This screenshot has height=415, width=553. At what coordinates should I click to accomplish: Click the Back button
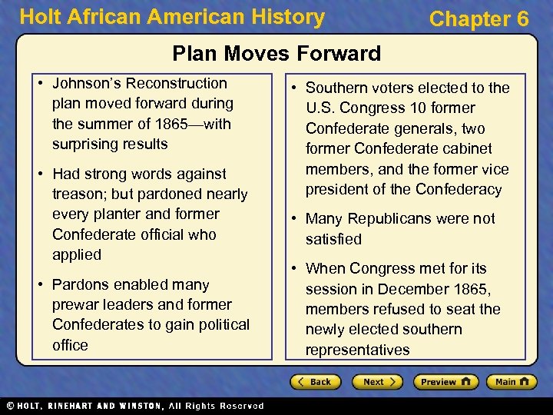(316, 382)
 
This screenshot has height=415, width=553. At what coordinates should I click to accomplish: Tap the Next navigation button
(376, 382)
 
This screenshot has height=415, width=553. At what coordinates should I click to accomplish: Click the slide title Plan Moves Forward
(276, 53)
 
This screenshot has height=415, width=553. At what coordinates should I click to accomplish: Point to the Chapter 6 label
(479, 19)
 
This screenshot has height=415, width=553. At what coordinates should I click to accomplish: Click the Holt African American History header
(172, 16)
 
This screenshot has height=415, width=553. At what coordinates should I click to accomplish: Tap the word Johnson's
(84, 83)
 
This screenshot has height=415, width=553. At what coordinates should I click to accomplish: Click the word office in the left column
(70, 345)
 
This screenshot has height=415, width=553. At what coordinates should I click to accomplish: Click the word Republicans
(389, 218)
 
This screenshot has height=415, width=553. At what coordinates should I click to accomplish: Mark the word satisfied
(333, 239)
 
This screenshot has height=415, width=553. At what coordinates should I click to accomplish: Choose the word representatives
(357, 350)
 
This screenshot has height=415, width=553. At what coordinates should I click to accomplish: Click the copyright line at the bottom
(134, 406)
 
